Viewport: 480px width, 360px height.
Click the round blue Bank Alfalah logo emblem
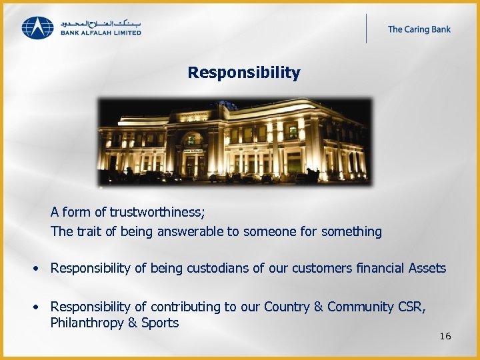pyautogui.click(x=37, y=28)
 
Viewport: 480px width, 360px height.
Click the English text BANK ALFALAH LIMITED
pyautogui.click(x=101, y=33)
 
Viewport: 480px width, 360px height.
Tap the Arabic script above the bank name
pyautogui.click(x=101, y=23)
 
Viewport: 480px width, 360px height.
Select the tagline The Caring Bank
pyautogui.click(x=419, y=29)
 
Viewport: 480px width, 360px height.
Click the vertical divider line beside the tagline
pyautogui.click(x=366, y=29)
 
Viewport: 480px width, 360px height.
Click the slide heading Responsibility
pyautogui.click(x=243, y=72)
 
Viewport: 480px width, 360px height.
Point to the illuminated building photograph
pyautogui.click(x=235, y=141)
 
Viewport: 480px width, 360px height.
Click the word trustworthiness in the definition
pyautogui.click(x=157, y=212)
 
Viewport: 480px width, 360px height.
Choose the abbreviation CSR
pyautogui.click(x=411, y=307)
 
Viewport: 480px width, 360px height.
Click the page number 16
pyautogui.click(x=445, y=336)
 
